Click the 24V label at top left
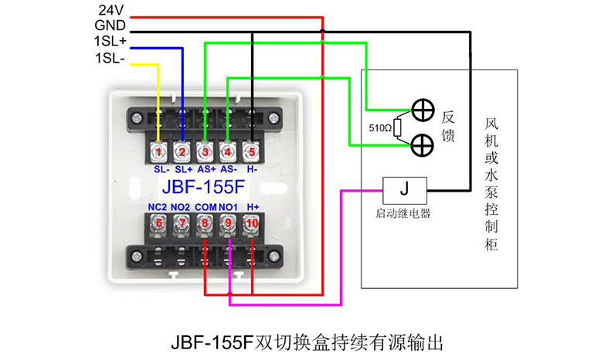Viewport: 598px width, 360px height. (x=111, y=10)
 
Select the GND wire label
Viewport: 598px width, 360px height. (x=110, y=25)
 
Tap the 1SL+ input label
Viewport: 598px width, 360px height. (x=110, y=41)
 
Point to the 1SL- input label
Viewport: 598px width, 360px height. (x=110, y=59)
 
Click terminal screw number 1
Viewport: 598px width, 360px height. (x=158, y=152)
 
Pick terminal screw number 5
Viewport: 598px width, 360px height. (x=251, y=152)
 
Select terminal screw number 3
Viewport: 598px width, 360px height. (x=206, y=152)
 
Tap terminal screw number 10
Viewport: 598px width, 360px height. (x=252, y=223)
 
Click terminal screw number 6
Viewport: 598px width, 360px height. (x=158, y=223)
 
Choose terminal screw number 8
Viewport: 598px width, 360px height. (x=205, y=223)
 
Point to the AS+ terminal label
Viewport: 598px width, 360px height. (x=206, y=169)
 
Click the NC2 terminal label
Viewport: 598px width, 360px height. (x=158, y=207)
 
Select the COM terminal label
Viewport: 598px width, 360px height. (x=206, y=207)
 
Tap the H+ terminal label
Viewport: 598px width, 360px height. (x=253, y=207)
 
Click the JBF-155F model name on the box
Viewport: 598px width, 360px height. (x=203, y=187)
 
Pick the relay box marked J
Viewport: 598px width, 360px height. (x=405, y=190)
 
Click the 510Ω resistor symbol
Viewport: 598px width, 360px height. (x=397, y=127)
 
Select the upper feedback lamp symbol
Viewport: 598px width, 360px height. (x=423, y=110)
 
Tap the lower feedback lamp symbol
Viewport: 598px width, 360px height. (x=423, y=145)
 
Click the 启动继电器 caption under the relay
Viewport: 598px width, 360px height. (x=403, y=213)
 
